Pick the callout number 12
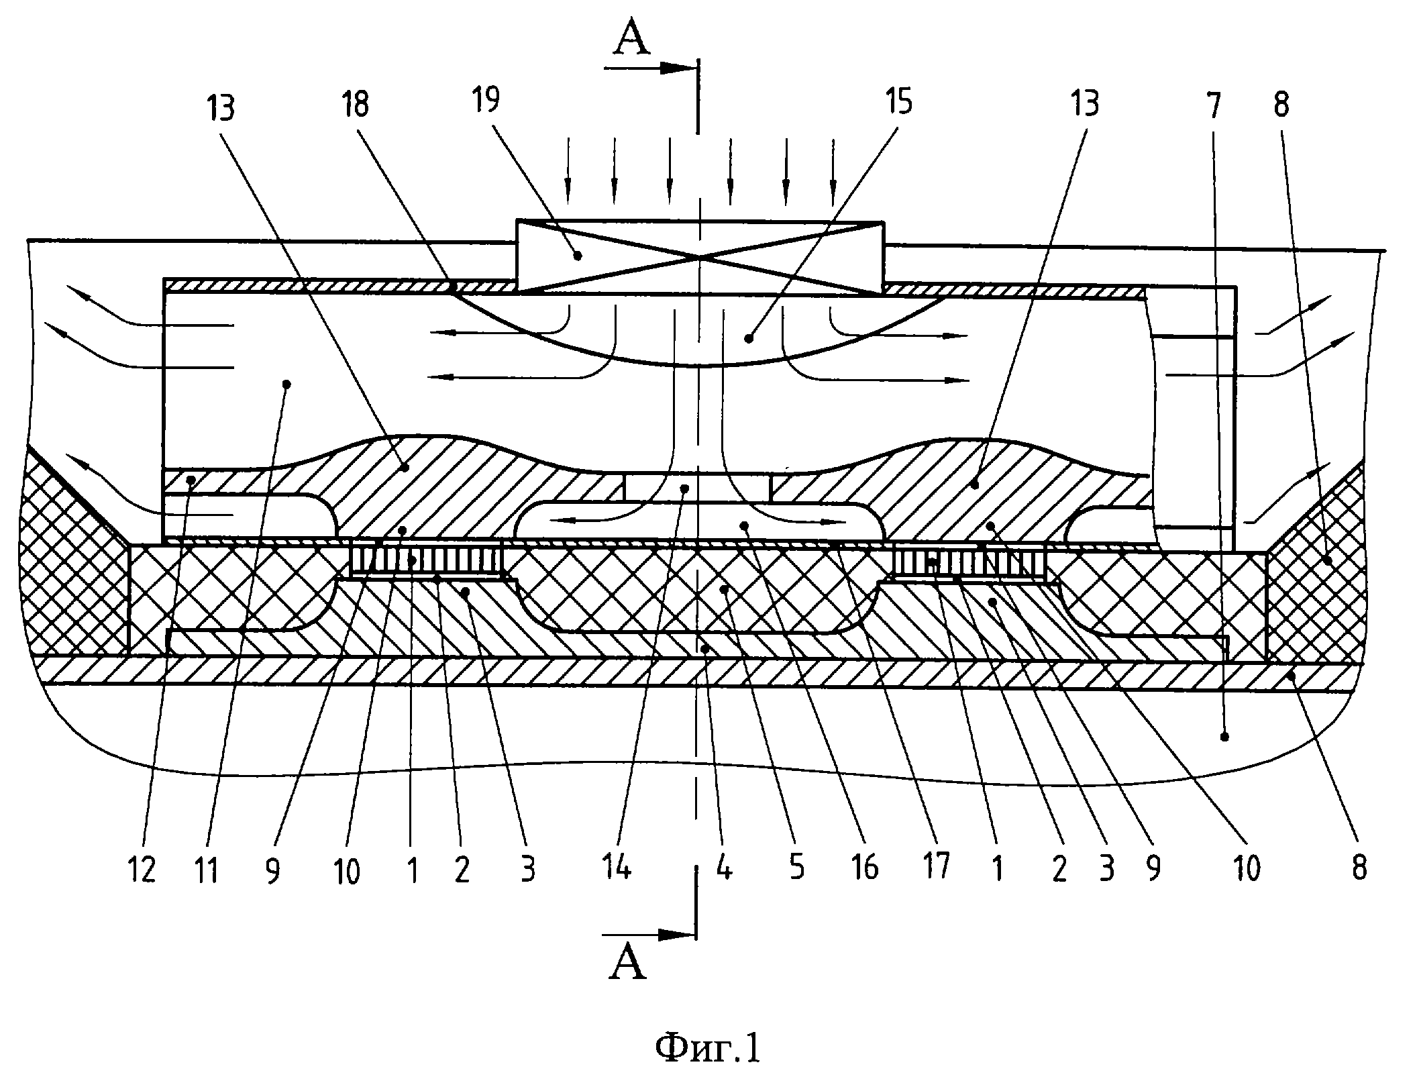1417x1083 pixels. coord(141,870)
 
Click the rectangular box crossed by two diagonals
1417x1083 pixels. coord(700,258)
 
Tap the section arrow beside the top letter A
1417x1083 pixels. coord(647,68)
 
